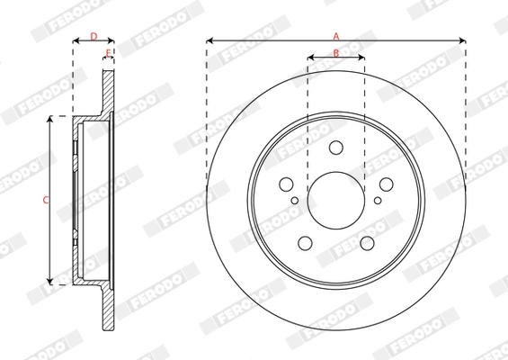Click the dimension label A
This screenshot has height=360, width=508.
[336, 35]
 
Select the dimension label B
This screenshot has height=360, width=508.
[336, 53]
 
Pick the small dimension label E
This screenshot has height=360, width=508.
[108, 55]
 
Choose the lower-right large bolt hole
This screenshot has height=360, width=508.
[367, 242]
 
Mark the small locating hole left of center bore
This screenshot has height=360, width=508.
[295, 200]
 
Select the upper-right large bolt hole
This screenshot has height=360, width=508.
[386, 184]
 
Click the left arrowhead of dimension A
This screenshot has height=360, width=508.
[209, 40]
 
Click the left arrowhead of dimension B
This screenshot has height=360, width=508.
[310, 59]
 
